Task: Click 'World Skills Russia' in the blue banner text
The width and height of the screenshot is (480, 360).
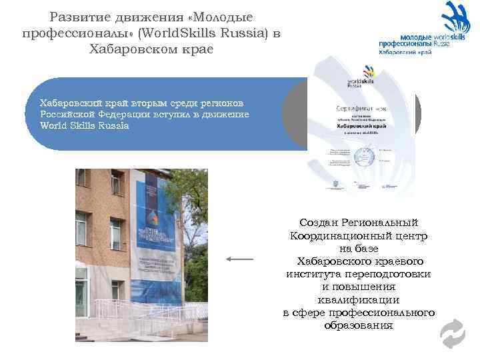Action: (x=85, y=125)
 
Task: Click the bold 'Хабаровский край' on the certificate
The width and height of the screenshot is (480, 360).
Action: (x=360, y=124)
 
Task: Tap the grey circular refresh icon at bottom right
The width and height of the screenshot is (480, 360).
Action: (x=453, y=333)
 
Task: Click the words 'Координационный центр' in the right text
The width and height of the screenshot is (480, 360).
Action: (x=359, y=236)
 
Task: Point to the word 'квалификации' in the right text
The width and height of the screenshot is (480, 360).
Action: (x=359, y=299)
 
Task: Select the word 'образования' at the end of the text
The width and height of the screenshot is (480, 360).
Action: (x=359, y=325)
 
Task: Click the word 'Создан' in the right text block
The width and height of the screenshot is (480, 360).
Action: (x=319, y=223)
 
